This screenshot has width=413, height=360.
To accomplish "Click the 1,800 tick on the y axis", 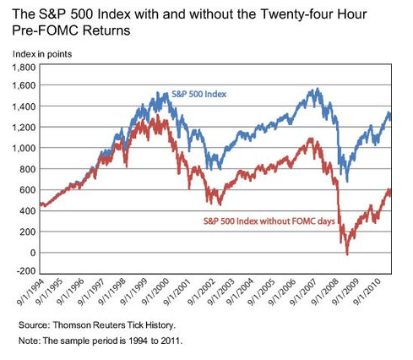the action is point(24,68).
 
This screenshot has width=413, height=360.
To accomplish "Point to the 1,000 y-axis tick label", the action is point(24,148).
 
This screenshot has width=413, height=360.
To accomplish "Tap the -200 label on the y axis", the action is point(26,270).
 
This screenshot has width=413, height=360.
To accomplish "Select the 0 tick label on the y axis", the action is point(33,253).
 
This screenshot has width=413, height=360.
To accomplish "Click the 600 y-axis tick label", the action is point(29,190).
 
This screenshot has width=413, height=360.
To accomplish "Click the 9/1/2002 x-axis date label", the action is point(202,292).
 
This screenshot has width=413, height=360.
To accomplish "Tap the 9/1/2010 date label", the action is point(368,292).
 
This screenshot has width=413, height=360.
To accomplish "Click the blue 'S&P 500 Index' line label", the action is point(198,94).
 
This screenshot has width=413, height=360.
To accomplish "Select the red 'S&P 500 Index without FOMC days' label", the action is point(269,221).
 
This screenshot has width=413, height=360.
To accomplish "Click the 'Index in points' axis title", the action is point(42,54).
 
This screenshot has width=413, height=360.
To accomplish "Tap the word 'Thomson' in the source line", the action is point(71,325).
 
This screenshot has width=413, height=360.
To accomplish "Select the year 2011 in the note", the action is point(171,341).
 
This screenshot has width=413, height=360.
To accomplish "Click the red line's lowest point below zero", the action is point(347,254).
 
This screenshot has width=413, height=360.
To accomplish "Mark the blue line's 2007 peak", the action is point(318,89).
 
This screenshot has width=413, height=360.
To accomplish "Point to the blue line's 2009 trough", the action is point(347,182).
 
